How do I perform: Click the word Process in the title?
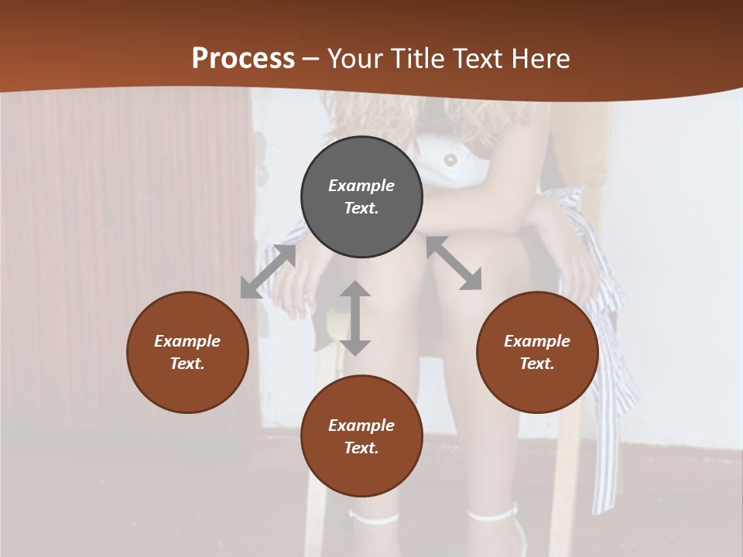243,59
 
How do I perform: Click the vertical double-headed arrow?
355,318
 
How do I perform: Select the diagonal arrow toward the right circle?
454,263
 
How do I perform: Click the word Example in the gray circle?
361,186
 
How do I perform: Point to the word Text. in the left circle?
187,364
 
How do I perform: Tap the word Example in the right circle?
537,341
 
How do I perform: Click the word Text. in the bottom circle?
361,448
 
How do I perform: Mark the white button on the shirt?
450,159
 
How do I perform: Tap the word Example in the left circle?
187,341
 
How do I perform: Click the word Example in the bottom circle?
361,425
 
